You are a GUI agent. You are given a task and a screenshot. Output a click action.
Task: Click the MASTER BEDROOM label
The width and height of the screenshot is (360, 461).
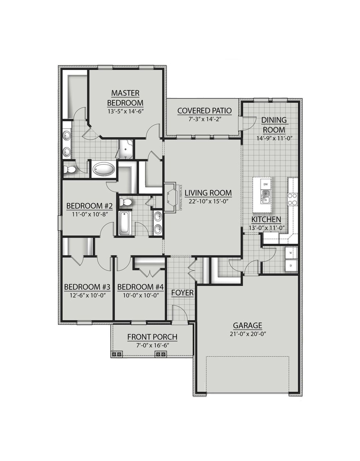click(x=125, y=98)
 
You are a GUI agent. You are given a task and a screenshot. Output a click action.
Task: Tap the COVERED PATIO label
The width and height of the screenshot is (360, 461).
click(x=204, y=111)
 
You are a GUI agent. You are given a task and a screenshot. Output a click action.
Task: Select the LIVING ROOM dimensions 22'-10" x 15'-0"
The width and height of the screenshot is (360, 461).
click(x=208, y=201)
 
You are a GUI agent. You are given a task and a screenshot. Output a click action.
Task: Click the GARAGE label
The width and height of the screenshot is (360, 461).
click(x=247, y=326)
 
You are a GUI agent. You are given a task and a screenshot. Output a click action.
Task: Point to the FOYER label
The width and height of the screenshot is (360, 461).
click(x=183, y=293)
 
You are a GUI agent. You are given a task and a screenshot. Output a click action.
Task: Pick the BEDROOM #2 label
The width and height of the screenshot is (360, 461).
click(x=89, y=206)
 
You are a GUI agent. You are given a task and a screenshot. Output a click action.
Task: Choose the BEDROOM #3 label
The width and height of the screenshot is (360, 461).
click(x=87, y=287)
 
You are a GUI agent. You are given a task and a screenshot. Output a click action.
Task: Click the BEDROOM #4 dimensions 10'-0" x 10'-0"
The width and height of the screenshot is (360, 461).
click(x=140, y=295)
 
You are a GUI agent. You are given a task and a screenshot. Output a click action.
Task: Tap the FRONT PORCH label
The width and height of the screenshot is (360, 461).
click(x=152, y=337)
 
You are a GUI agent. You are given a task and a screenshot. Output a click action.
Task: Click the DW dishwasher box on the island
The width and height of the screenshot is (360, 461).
click(x=265, y=184)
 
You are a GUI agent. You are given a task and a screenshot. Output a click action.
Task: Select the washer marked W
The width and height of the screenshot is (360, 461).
click(x=291, y=253)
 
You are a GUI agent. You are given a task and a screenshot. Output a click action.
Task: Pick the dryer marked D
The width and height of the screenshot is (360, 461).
click(x=291, y=265)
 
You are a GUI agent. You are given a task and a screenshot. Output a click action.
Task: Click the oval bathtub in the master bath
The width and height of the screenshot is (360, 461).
click(x=104, y=169)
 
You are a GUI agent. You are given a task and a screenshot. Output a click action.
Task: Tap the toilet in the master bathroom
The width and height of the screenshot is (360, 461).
click(x=69, y=169)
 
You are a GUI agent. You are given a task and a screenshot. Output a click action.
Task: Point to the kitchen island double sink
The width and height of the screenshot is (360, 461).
click(x=265, y=196)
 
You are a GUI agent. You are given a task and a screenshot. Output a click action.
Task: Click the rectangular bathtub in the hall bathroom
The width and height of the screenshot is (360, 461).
click(x=124, y=223)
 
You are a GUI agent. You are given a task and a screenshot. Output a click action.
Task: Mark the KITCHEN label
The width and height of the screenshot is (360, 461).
click(x=266, y=220)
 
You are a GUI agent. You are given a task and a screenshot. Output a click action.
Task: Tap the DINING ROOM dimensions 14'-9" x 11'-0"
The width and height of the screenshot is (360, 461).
click(x=274, y=138)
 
